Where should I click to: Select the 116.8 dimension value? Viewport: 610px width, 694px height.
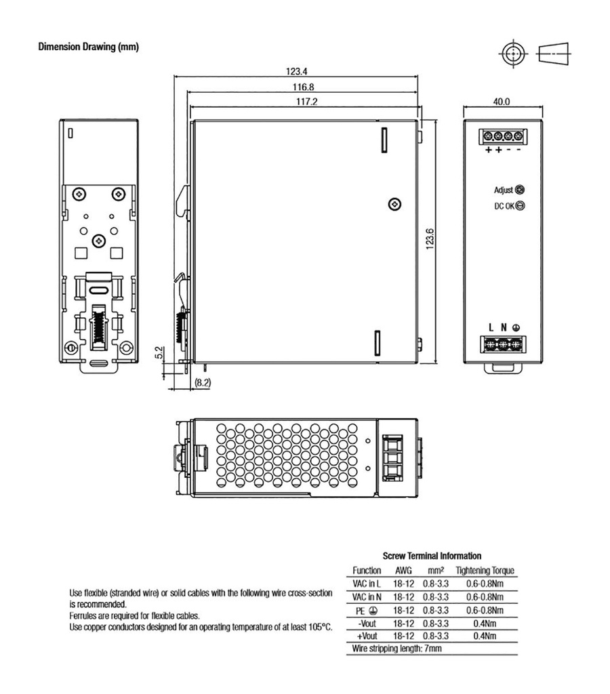pyautogui.click(x=303, y=87)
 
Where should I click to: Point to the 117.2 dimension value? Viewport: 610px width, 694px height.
pyautogui.click(x=306, y=102)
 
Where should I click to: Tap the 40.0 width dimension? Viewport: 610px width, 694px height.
pyautogui.click(x=502, y=102)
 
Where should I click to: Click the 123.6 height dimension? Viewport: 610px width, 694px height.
pyautogui.click(x=430, y=239)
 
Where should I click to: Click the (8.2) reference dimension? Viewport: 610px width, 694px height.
pyautogui.click(x=203, y=384)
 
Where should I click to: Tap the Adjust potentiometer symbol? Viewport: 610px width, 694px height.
pyautogui.click(x=521, y=190)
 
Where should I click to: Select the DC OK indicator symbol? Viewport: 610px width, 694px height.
pyautogui.click(x=521, y=207)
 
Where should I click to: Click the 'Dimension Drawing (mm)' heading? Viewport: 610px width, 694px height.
pyautogui.click(x=89, y=47)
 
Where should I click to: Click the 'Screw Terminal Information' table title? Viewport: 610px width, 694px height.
pyautogui.click(x=432, y=556)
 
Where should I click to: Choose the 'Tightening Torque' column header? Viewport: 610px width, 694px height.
pyautogui.click(x=485, y=571)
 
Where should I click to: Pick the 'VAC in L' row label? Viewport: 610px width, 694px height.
pyautogui.click(x=367, y=584)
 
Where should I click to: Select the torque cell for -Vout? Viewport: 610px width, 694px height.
pyautogui.click(x=485, y=623)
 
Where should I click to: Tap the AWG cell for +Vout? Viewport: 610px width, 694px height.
pyautogui.click(x=403, y=636)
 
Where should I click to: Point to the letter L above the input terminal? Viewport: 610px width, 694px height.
pyautogui.click(x=491, y=327)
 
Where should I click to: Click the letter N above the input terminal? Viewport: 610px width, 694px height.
pyautogui.click(x=504, y=327)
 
